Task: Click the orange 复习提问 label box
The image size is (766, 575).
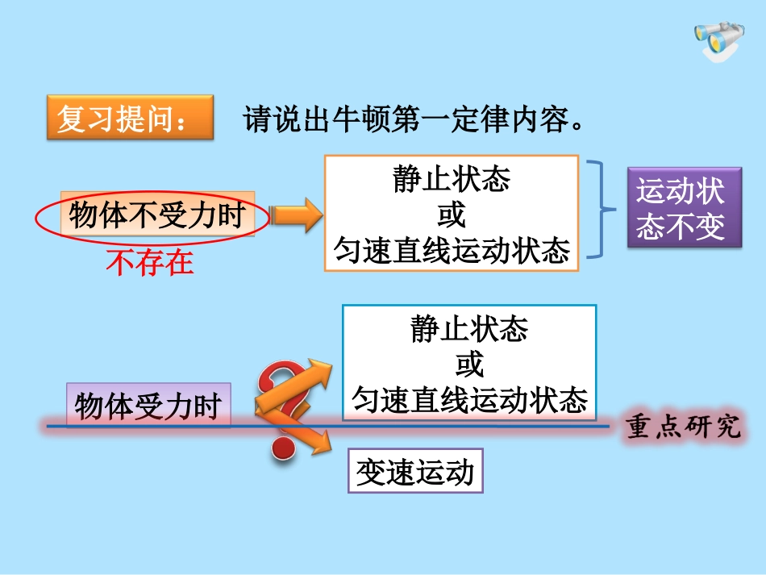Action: click(x=130, y=118)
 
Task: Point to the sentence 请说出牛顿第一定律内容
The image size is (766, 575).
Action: click(x=412, y=119)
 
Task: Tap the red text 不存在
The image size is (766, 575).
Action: click(x=150, y=263)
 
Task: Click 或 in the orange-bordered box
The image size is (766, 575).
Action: click(x=452, y=215)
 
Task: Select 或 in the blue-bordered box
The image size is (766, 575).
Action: click(x=469, y=365)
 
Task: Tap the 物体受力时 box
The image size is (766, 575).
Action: click(x=148, y=406)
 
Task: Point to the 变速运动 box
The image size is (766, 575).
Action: click(x=414, y=472)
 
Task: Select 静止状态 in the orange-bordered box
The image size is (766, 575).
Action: click(x=452, y=179)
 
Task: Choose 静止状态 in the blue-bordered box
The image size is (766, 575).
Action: click(x=469, y=329)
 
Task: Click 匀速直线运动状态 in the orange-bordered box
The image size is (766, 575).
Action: click(x=452, y=252)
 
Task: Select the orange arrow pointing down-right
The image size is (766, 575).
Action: click(x=310, y=435)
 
